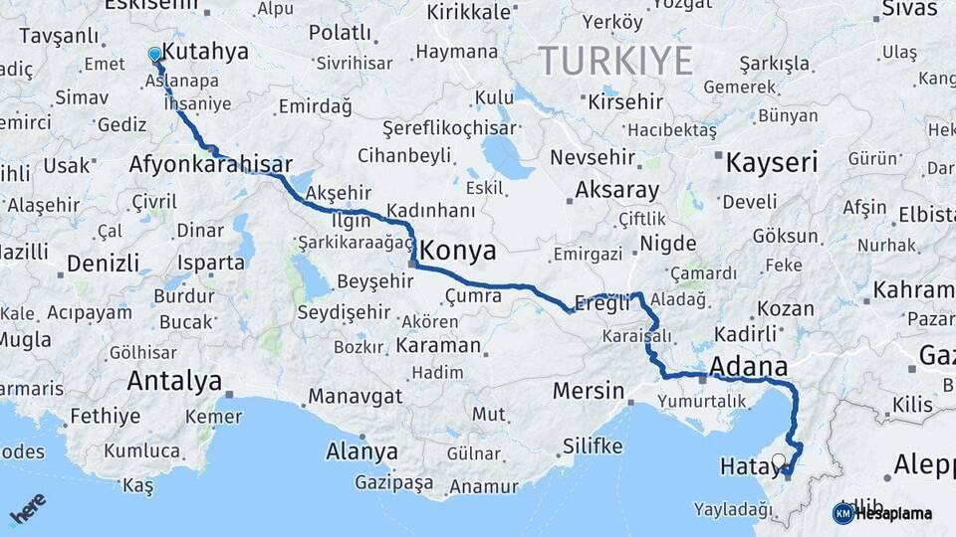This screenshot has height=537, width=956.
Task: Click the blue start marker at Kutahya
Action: (154, 54)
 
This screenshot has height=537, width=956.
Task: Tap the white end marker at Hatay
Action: (779, 460)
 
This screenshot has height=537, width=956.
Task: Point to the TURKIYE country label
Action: (616, 62)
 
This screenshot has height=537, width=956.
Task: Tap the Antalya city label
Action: (174, 380)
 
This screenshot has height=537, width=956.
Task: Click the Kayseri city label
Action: (772, 162)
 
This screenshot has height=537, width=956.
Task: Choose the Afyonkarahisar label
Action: (210, 164)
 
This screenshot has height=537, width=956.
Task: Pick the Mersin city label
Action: (589, 390)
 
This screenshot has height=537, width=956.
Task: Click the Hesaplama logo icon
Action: (843, 513)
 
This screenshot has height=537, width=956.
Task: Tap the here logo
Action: (28, 509)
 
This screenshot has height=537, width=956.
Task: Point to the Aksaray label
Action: (616, 190)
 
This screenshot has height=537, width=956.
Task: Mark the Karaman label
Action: (438, 346)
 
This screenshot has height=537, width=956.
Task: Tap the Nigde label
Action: (669, 242)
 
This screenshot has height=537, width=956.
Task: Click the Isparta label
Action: (211, 263)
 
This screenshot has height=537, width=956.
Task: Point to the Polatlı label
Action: (340, 33)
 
